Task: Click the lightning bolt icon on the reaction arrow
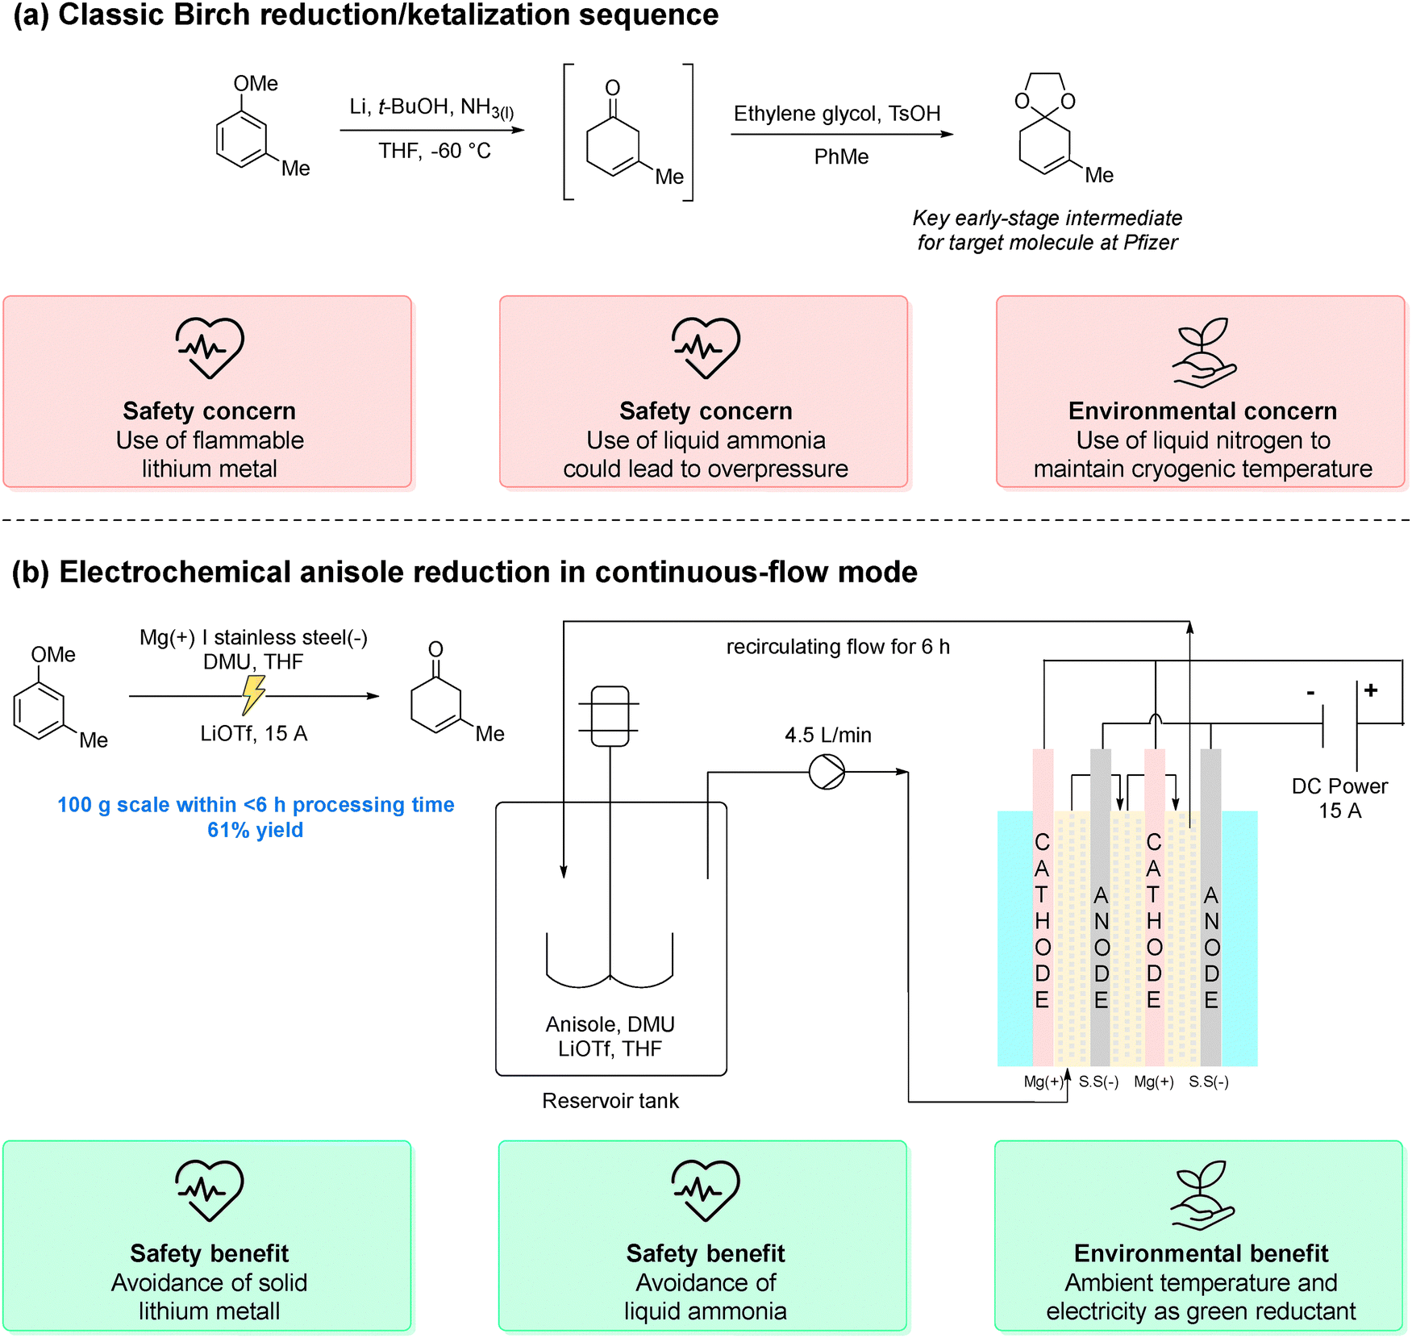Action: pos(253,694)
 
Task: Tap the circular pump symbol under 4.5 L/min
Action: pos(827,772)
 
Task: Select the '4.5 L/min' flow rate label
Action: pos(827,735)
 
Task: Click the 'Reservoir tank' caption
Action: pos(610,1101)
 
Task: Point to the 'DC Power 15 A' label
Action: pos(1339,798)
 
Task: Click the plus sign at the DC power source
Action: pos(1371,690)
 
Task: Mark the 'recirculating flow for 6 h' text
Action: pos(838,647)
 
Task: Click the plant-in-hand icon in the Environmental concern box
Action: pos(1204,352)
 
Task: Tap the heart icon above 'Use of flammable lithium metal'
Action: pos(210,347)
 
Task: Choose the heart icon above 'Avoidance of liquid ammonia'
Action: pos(706,1189)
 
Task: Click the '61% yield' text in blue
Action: pos(255,830)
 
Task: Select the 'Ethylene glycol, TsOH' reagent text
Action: pos(837,114)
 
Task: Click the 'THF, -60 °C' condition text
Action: pos(435,151)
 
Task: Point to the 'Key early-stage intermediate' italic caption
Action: pos(1047,218)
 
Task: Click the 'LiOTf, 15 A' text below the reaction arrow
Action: pos(253,733)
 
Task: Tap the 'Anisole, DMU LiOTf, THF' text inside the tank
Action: pos(610,1036)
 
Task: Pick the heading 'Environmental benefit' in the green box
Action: pos(1201,1253)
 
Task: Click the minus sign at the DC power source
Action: pos(1310,693)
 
